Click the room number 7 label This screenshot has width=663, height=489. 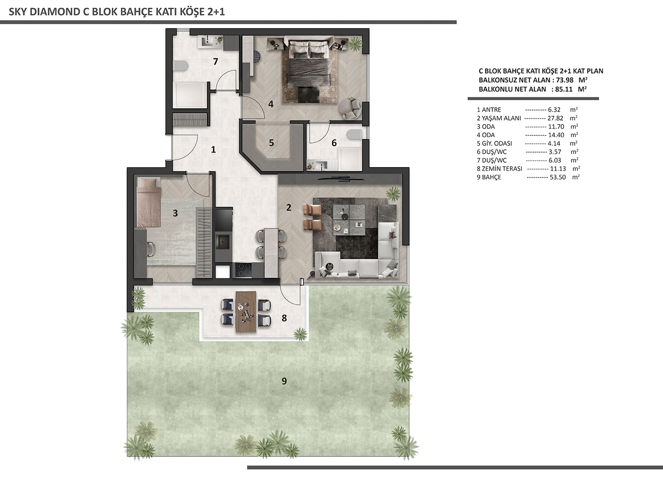coord(216,62)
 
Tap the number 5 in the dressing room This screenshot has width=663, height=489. coord(271,143)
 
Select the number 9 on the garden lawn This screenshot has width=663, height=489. coord(284,381)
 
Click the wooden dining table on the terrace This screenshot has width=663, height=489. coord(246,312)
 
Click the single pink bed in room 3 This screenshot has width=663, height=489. coord(149,202)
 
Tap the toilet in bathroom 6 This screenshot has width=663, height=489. coord(355,134)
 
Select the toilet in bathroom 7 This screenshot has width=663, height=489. coord(180,66)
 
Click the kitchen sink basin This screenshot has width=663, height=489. coord(223,242)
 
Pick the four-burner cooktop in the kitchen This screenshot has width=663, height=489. coord(243,270)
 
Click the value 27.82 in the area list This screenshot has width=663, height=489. coord(555,118)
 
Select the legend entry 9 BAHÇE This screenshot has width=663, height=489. coord(489,177)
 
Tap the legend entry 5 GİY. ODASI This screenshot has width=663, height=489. coord(494,143)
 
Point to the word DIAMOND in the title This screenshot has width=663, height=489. coord(55,12)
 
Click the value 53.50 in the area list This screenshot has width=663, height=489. coord(557,177)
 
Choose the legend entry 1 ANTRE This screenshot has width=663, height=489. coord(489,110)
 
